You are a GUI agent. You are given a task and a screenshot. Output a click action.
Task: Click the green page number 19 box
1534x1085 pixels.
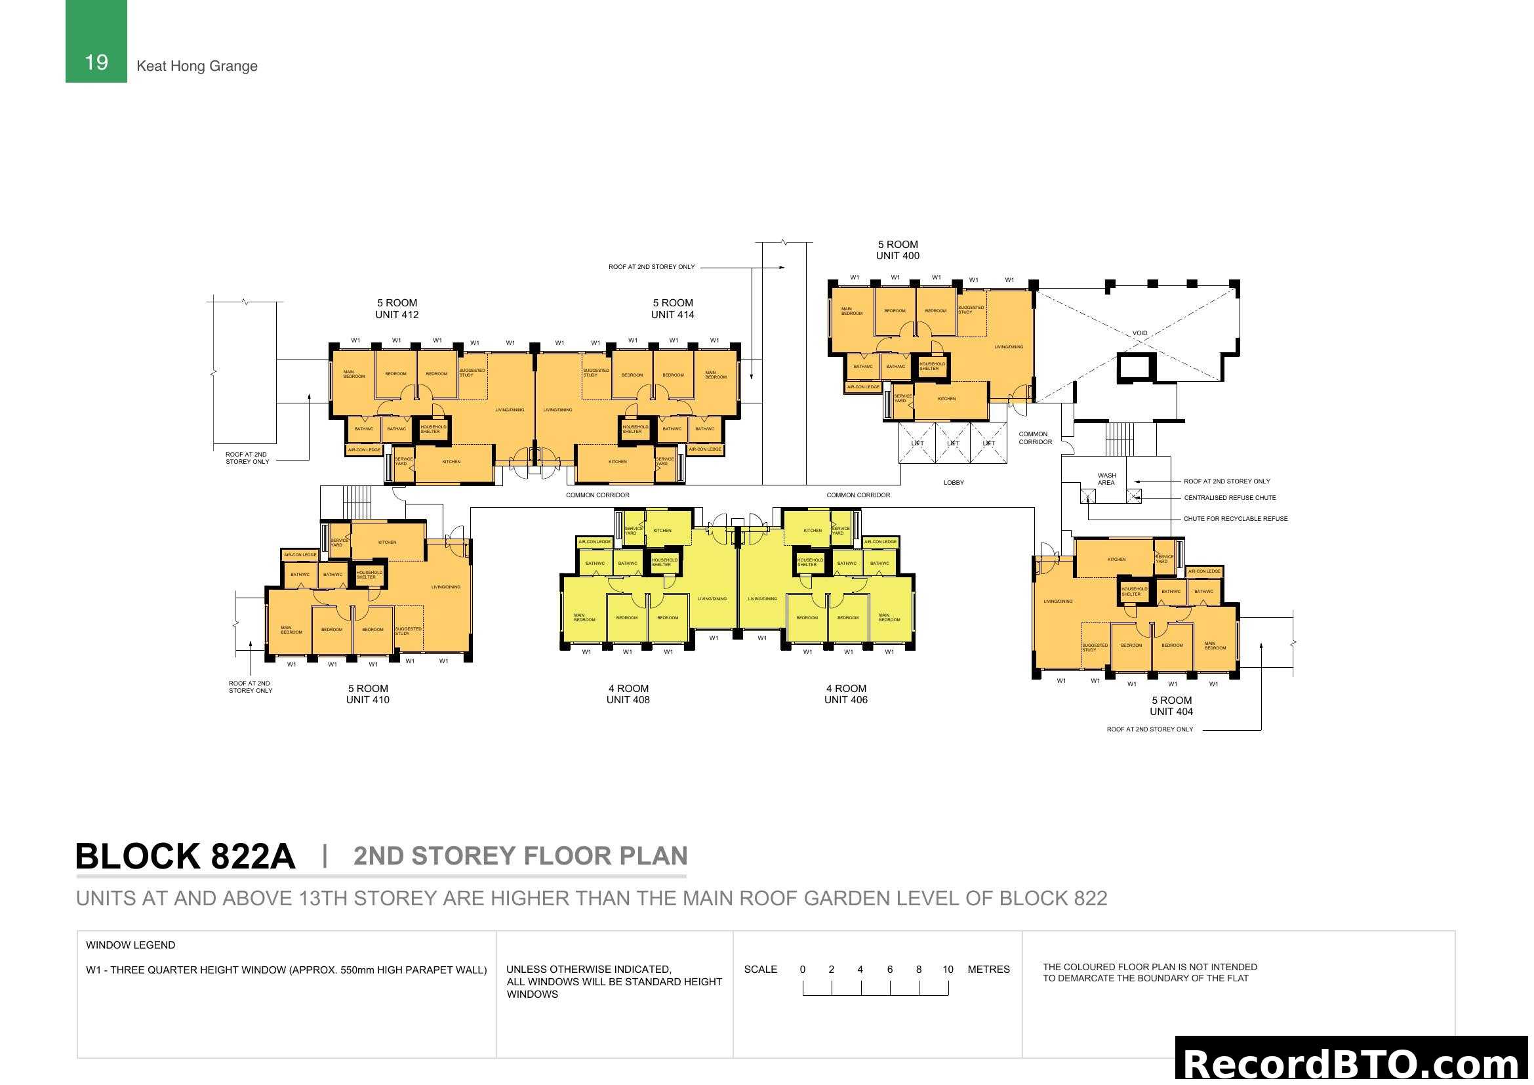click(96, 41)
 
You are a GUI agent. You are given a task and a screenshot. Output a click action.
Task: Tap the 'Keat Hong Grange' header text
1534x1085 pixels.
click(197, 66)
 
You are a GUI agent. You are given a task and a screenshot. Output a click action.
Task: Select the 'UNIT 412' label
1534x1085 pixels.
click(396, 315)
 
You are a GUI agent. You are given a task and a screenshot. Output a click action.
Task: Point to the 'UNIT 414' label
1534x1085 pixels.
click(672, 315)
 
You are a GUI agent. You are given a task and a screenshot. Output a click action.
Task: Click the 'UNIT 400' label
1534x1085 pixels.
click(897, 256)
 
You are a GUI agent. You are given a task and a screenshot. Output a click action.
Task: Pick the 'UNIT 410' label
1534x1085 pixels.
click(367, 700)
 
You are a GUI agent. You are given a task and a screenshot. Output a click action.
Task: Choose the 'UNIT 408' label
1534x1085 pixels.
click(628, 700)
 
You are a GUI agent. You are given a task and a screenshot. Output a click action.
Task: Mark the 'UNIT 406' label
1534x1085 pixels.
click(845, 700)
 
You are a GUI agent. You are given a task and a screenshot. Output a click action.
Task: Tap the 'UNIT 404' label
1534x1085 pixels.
click(1171, 712)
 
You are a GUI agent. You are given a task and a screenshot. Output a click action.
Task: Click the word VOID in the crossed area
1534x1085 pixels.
click(1139, 333)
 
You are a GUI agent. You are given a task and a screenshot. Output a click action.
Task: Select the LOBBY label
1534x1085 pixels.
click(954, 482)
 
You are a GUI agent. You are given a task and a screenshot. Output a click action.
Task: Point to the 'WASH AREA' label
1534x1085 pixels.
click(1106, 479)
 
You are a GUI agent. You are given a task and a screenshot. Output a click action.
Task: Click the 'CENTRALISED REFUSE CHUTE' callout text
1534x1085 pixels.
click(1229, 498)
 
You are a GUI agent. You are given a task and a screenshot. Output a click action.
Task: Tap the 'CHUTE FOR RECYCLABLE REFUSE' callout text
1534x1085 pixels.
click(1236, 518)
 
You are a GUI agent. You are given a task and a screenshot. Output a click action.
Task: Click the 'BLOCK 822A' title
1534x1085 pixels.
click(185, 857)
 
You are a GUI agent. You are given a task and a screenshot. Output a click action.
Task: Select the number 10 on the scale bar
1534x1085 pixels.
click(948, 970)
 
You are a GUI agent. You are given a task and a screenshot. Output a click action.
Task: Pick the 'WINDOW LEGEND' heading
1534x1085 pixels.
click(131, 945)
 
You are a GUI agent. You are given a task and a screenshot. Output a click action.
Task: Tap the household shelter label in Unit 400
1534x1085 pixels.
click(931, 366)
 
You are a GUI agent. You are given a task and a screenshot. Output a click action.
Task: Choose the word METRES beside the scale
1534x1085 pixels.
click(988, 970)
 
